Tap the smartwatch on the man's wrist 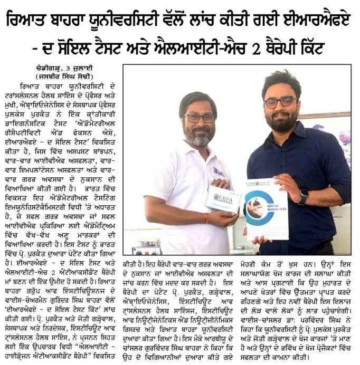pyautogui.click(x=302, y=196)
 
